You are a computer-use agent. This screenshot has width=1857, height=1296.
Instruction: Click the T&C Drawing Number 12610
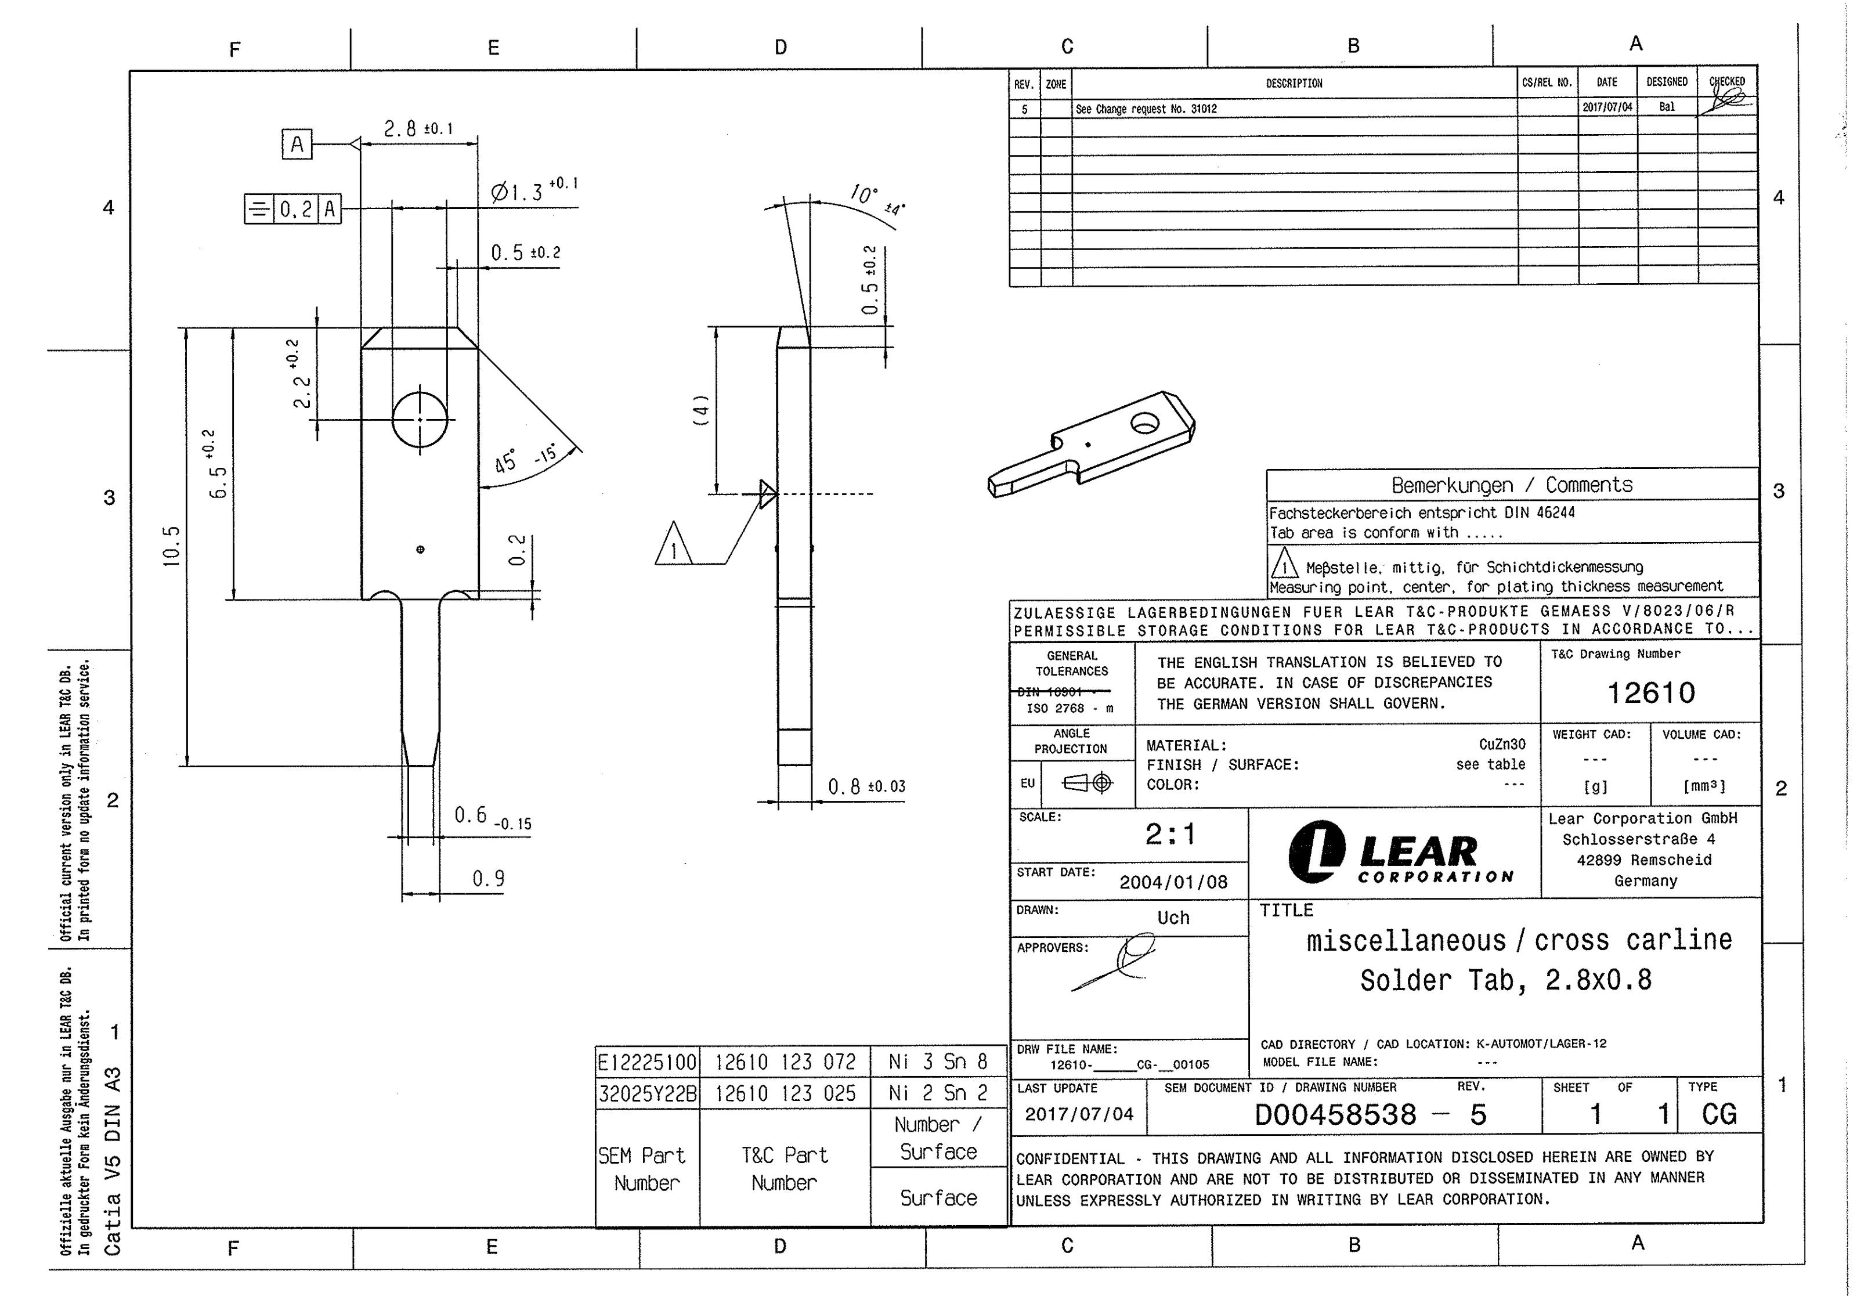[1650, 692]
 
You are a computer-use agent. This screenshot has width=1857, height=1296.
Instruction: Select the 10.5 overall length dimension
[171, 546]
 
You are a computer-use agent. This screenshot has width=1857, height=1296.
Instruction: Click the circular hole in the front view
[420, 419]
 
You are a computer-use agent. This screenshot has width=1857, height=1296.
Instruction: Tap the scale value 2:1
[1169, 834]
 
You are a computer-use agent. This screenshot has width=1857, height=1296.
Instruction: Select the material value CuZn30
[1502, 744]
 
